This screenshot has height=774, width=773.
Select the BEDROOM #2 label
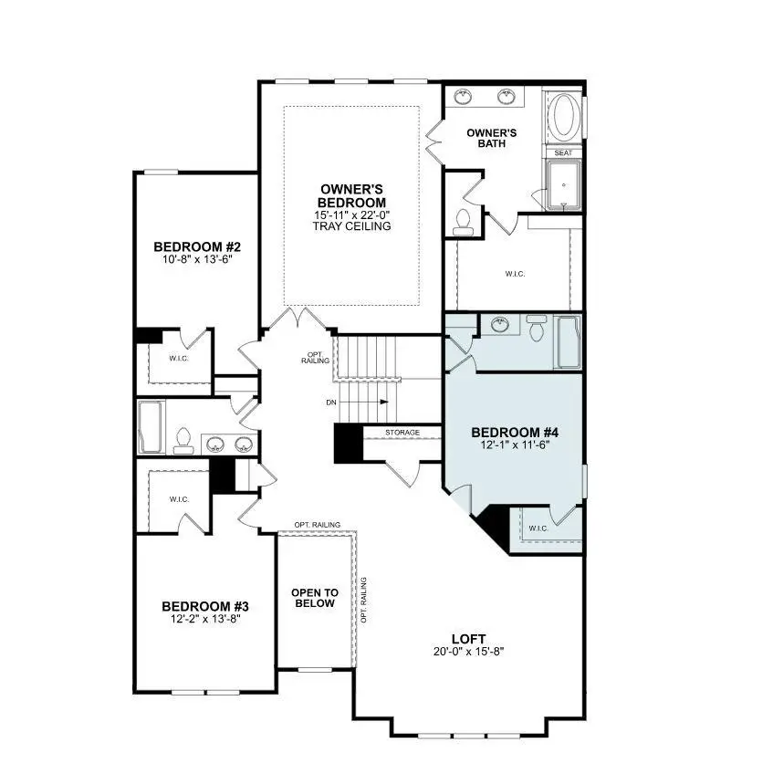coord(196,246)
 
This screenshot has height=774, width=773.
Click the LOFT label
coord(468,638)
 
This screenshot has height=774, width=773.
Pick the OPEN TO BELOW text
coord(315,598)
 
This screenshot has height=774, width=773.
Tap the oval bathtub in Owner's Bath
coord(563,116)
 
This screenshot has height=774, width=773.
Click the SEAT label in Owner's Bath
coord(563,153)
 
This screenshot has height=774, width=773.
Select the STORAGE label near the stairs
coord(402,432)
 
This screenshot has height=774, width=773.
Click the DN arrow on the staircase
coord(363,403)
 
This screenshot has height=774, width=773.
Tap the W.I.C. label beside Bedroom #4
coord(538,528)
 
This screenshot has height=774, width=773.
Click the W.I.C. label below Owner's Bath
coord(516,274)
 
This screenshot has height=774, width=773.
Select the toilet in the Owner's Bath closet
coord(464,219)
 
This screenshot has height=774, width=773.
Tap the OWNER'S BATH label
coord(491,138)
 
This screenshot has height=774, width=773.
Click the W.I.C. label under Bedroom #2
coord(178,359)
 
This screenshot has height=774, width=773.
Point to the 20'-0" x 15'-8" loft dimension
coord(468,652)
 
